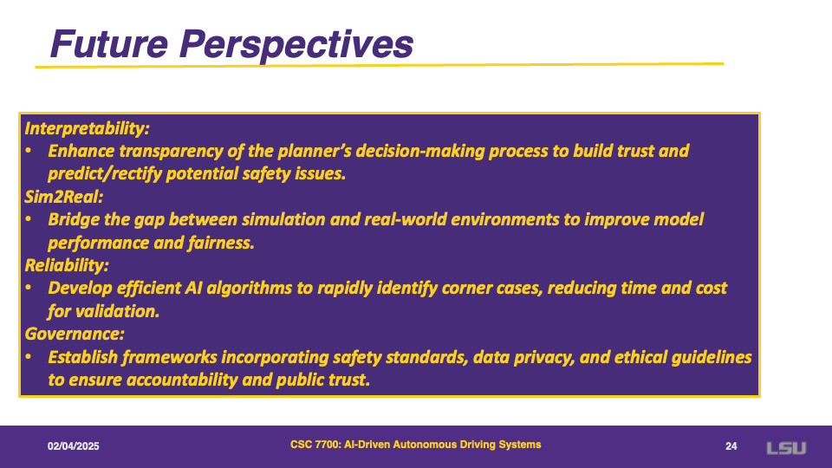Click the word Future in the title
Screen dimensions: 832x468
click(x=109, y=43)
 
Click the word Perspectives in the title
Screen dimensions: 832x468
click(x=296, y=46)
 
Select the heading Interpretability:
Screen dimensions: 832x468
click(x=87, y=128)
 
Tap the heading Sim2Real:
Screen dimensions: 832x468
click(x=63, y=197)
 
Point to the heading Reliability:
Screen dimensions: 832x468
click(x=67, y=265)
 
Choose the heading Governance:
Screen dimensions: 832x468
click(x=75, y=334)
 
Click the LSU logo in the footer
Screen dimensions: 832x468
click(x=786, y=448)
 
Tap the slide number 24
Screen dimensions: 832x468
click(x=731, y=446)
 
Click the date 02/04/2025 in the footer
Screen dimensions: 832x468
click(x=73, y=446)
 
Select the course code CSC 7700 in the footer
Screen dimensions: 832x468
click(x=315, y=445)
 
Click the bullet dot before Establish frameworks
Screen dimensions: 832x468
click(x=29, y=357)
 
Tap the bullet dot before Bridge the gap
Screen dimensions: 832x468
click(x=29, y=219)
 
